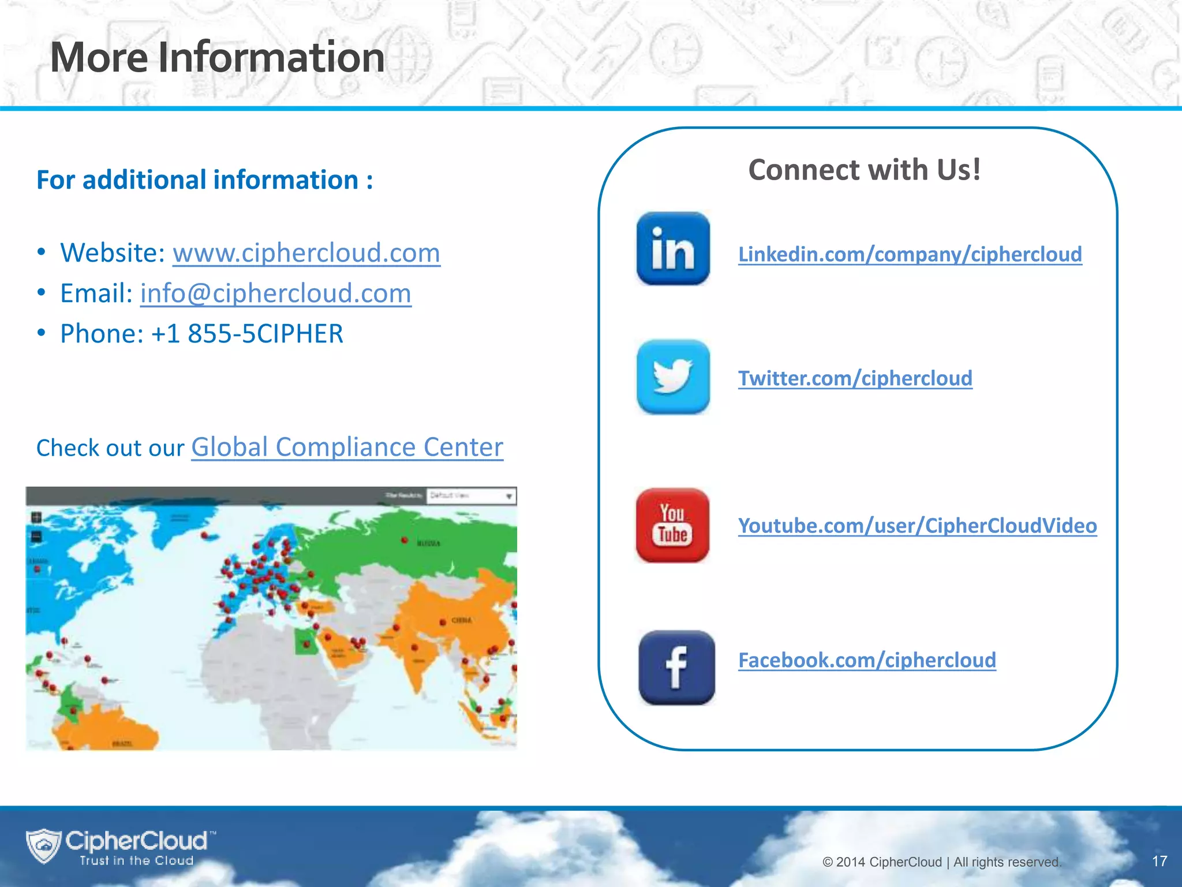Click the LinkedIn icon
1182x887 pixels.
[673, 249]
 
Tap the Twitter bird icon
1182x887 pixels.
[673, 377]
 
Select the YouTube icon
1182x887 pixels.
[672, 526]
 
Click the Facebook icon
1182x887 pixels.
[676, 668]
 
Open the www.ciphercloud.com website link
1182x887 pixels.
[306, 253]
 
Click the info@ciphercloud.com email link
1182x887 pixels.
[275, 293]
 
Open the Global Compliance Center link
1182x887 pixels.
[347, 447]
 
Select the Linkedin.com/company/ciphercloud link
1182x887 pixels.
[910, 254]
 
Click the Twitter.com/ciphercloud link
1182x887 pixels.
[855, 378]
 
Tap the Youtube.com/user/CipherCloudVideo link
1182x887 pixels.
[917, 526]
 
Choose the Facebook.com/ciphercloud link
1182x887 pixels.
[867, 660]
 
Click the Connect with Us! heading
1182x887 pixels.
[864, 170]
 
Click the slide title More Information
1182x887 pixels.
[217, 58]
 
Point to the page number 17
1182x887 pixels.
[1159, 861]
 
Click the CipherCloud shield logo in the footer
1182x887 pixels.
[43, 845]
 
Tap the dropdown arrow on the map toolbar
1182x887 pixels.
[509, 496]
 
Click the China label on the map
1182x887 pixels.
[461, 620]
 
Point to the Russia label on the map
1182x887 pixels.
[428, 543]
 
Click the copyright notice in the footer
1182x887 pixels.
[941, 862]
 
